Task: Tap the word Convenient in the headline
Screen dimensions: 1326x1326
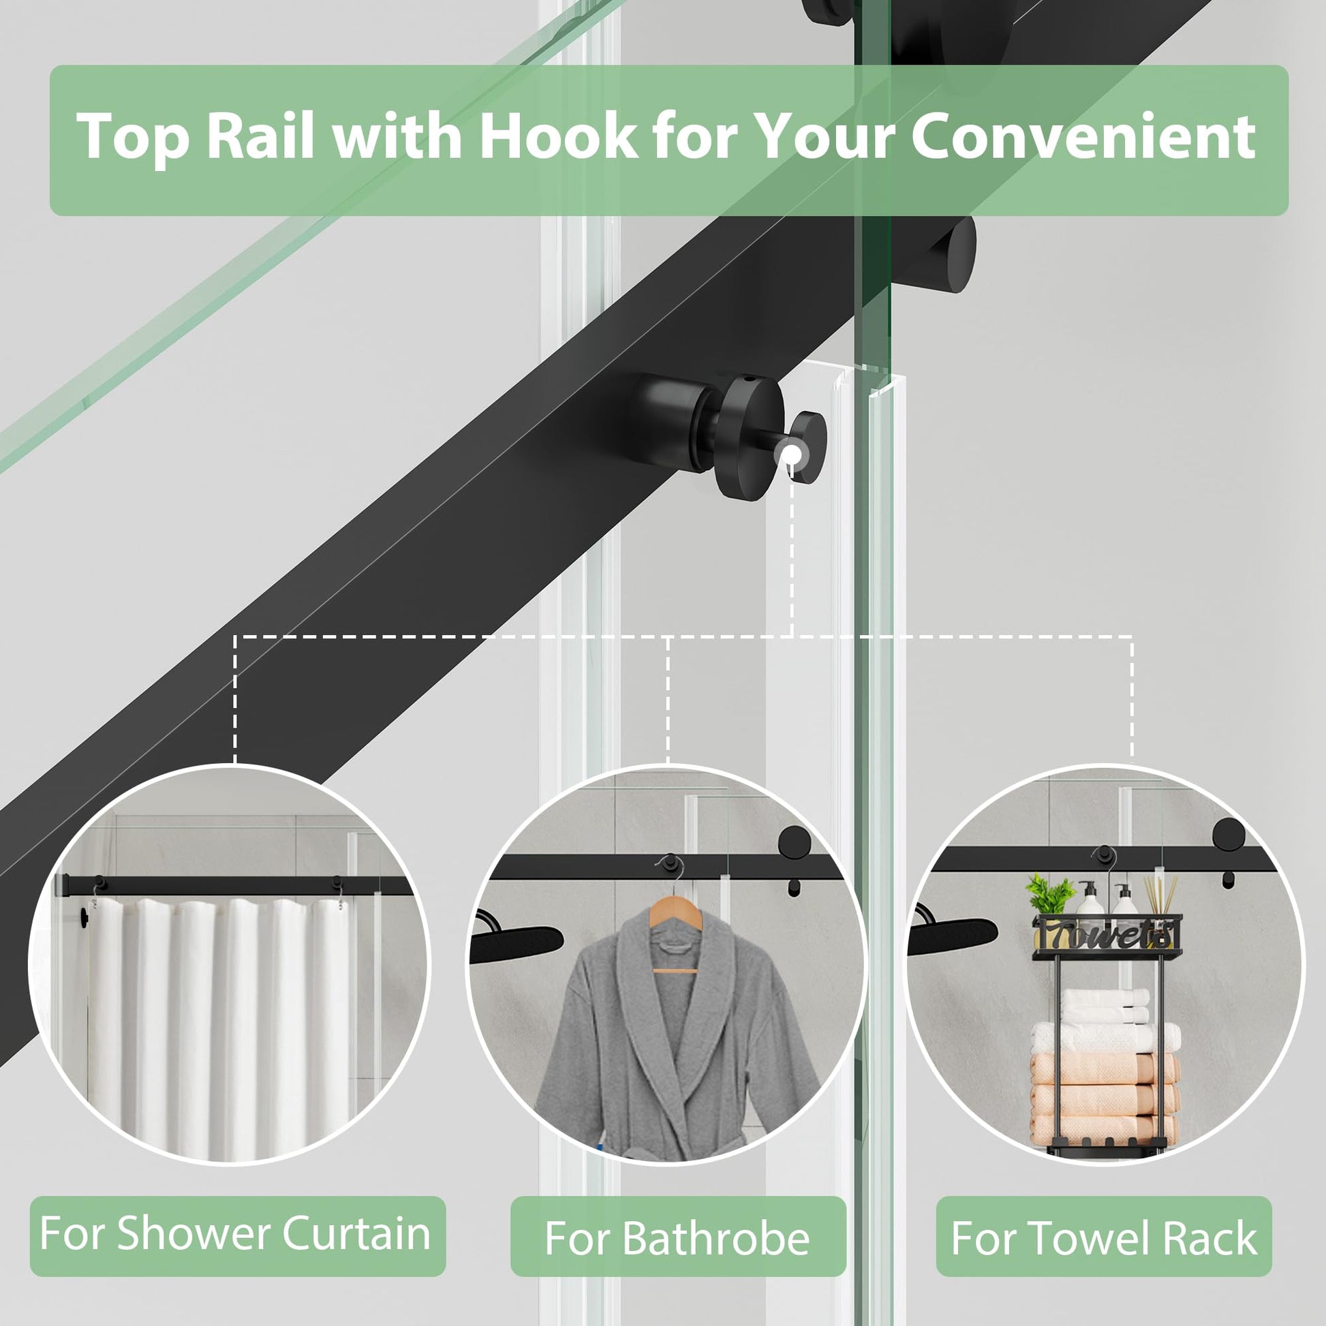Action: point(1082,135)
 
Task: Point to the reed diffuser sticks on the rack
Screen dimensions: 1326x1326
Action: point(1158,897)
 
